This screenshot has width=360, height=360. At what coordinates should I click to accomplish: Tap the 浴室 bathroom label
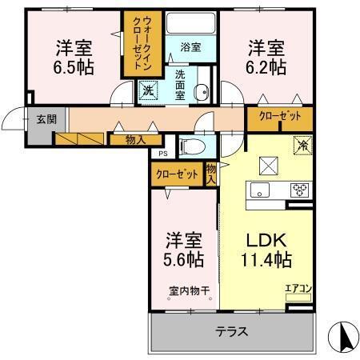pyautogui.click(x=190, y=47)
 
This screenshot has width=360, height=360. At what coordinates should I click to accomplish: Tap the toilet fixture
pyautogui.click(x=190, y=146)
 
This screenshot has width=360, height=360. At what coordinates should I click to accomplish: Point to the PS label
pyautogui.click(x=162, y=154)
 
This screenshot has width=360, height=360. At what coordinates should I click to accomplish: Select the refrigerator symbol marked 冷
pyautogui.click(x=303, y=146)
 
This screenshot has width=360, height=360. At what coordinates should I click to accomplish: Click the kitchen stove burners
pyautogui.click(x=299, y=190)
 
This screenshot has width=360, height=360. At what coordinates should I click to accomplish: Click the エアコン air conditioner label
pyautogui.click(x=298, y=289)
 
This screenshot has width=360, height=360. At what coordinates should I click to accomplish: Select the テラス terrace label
pyautogui.click(x=230, y=330)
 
